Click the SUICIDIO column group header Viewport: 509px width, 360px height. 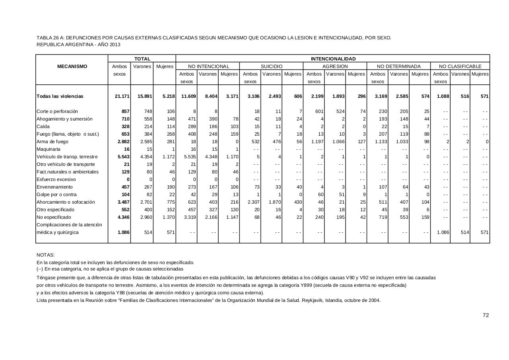[x=272, y=66]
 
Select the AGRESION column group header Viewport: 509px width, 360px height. [x=335, y=66]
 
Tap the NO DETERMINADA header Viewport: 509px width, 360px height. [x=398, y=66]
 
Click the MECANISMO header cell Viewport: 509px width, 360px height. [x=72, y=66]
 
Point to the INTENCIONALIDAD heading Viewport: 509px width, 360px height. [x=333, y=59]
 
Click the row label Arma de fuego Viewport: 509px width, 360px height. [x=52, y=142]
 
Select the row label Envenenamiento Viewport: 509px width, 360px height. [x=55, y=187]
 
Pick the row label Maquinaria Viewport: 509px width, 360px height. [x=49, y=149]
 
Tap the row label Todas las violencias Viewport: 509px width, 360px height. [x=60, y=96]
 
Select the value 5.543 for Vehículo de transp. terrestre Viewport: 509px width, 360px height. [x=123, y=157]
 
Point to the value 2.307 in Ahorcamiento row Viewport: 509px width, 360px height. [x=253, y=202]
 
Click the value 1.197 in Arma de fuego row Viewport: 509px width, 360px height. [x=316, y=142]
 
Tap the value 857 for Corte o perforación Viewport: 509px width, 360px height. [x=125, y=111]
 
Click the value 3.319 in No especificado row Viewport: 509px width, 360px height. [x=189, y=217]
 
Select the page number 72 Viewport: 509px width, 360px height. [x=486, y=315]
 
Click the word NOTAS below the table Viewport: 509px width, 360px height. [x=45, y=255]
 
